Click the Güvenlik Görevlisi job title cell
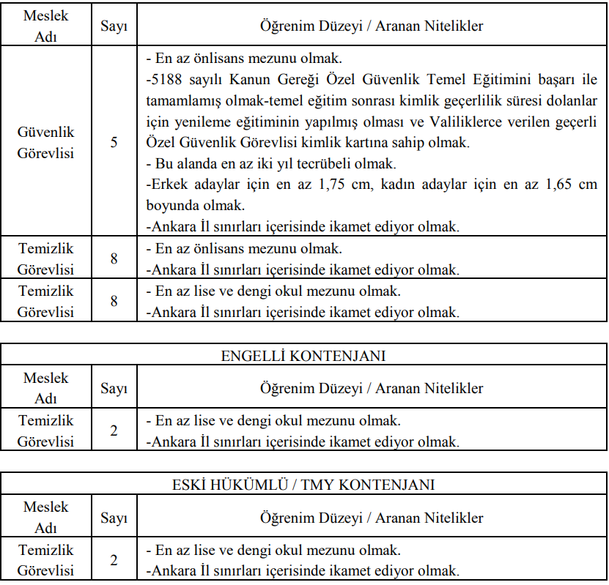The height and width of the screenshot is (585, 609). tap(45, 142)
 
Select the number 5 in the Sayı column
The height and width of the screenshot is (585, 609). tap(114, 142)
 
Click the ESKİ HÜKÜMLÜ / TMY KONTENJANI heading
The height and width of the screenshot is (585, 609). tap(303, 485)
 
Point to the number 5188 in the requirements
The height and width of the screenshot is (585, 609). tap(166, 79)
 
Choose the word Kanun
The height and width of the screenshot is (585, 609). tap(253, 79)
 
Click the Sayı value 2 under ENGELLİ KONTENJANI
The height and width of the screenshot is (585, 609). tap(114, 431)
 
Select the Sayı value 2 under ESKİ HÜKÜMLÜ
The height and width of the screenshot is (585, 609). tap(114, 560)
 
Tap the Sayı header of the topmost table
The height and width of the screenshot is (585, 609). tap(114, 26)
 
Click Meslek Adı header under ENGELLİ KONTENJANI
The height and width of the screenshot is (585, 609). tap(45, 388)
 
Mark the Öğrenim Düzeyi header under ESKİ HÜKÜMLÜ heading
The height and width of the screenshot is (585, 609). tap(372, 518)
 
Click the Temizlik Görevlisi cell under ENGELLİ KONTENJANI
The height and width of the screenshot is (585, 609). tap(45, 431)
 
